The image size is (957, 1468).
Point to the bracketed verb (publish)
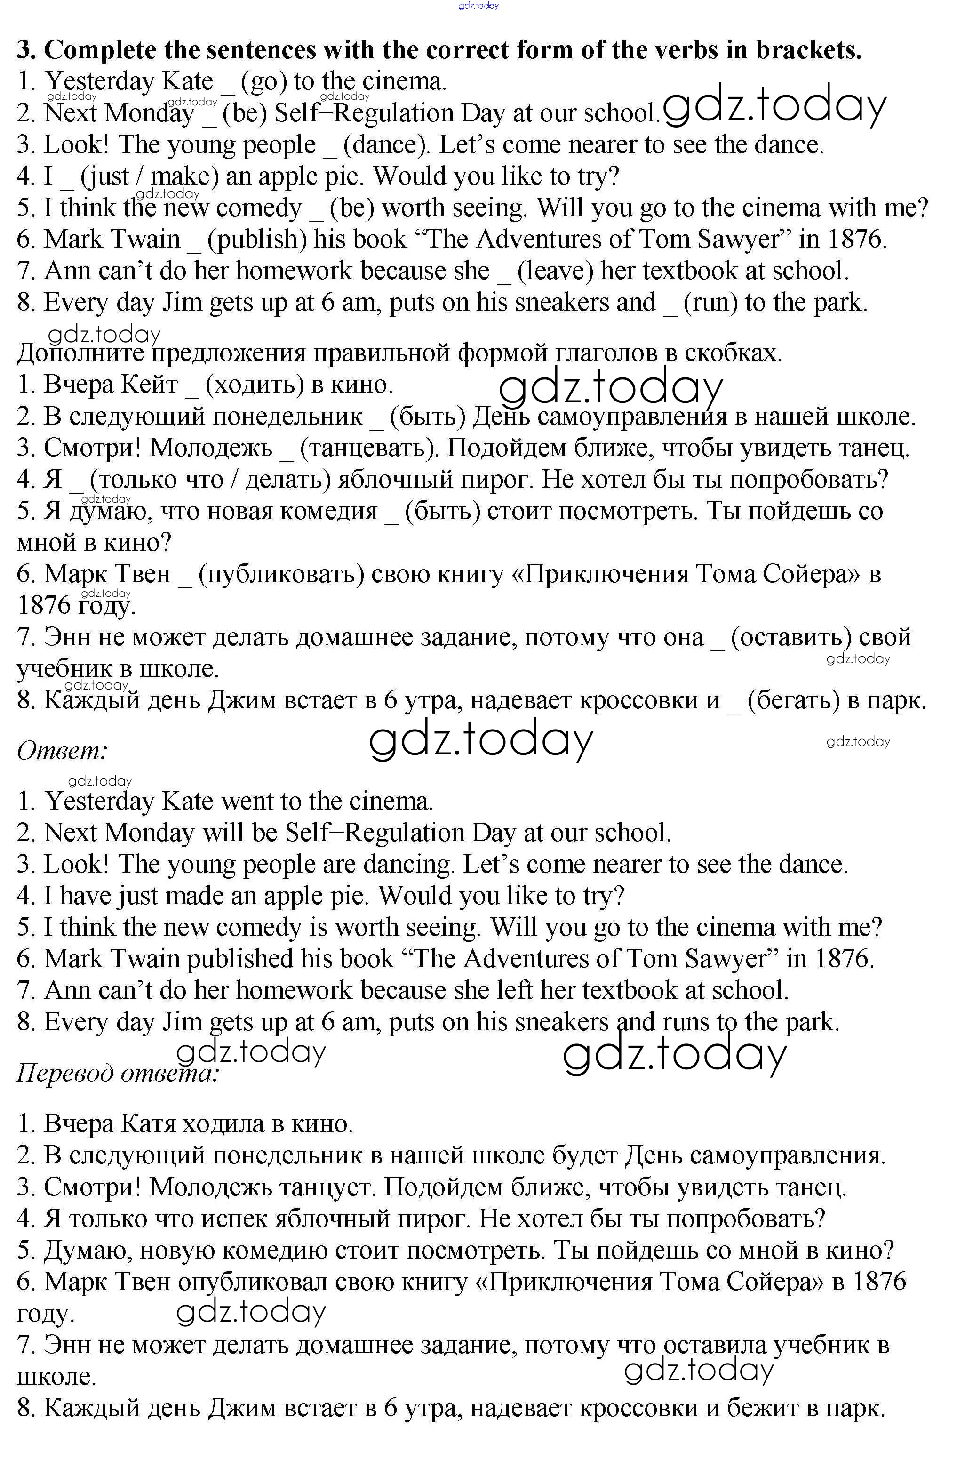(257, 239)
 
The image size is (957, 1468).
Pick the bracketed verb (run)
(710, 302)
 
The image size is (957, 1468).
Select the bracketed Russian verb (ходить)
(255, 385)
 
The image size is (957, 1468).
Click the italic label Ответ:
(62, 751)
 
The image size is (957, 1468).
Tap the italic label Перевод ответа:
(117, 1073)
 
